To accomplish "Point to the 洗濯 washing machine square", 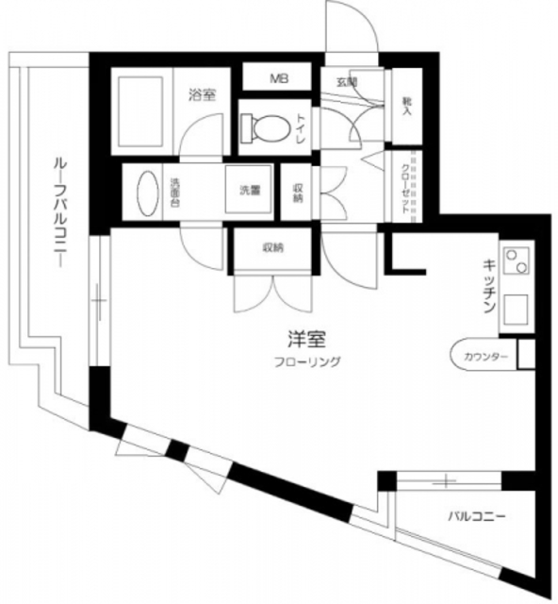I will [249, 192].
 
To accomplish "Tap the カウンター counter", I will [485, 356].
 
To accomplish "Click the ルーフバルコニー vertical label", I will [57, 212].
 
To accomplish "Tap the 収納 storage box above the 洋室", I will [273, 249].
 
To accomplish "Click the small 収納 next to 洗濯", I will [298, 192].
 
